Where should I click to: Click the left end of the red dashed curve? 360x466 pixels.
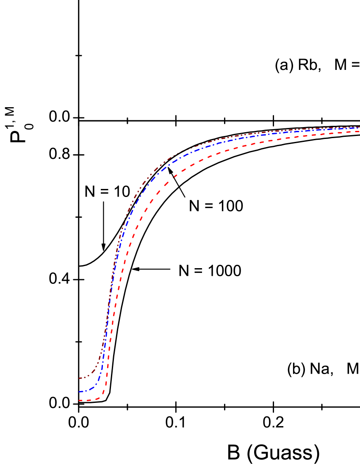(79, 400)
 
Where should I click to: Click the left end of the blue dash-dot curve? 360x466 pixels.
(79, 392)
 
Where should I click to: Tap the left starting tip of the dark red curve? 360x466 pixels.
(79, 378)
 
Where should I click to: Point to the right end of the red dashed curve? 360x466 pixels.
(359, 131)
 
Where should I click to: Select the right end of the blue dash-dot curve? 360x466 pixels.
(359, 128)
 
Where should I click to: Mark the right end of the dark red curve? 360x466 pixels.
(359, 127)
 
